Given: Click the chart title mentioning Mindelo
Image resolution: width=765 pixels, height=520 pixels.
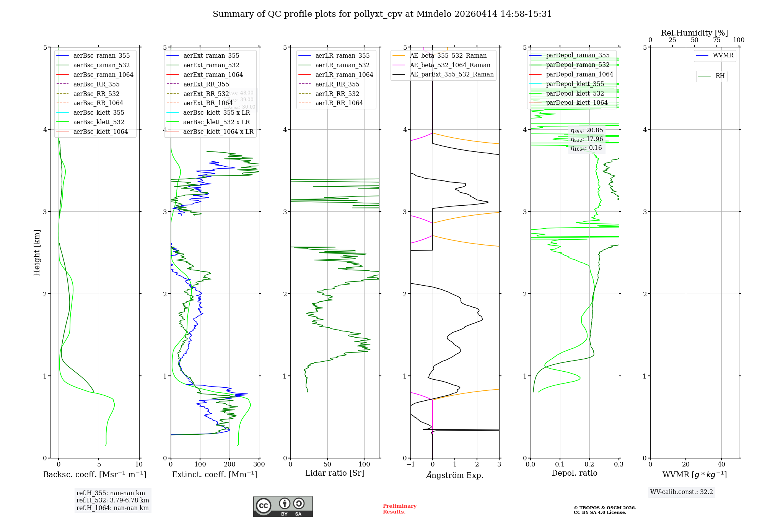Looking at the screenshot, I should [382, 14].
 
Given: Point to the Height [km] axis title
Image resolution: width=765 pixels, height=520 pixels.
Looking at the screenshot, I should [37, 253].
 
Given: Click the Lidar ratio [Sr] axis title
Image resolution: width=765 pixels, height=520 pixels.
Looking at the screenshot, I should [335, 473].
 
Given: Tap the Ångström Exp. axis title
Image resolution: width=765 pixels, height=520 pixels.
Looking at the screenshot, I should [455, 475].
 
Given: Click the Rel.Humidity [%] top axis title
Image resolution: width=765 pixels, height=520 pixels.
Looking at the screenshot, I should [694, 33].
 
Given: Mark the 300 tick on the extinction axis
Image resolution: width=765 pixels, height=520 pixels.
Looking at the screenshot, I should [259, 464].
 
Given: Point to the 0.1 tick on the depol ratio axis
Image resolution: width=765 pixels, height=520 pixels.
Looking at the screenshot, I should [560, 464].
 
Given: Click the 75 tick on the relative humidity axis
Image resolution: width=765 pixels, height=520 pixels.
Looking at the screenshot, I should [717, 40].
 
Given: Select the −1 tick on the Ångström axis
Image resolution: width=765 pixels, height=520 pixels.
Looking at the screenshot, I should [410, 464].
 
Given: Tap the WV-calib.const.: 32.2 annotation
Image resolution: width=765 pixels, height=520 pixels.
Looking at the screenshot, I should [682, 492].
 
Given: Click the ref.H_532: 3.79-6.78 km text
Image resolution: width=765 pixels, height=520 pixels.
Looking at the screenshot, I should [112, 500].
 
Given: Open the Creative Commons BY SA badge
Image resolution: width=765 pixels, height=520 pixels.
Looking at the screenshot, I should [283, 506].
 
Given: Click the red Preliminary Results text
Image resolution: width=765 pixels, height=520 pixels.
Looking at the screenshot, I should [399, 509].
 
